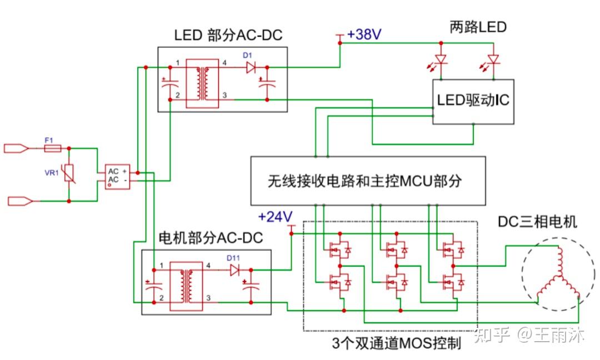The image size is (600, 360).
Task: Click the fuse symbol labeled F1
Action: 52,148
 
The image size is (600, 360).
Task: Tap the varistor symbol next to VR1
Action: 68,174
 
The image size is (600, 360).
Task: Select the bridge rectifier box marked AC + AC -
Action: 117,176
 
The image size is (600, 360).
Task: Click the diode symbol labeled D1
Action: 250,67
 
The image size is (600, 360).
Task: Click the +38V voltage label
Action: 364,34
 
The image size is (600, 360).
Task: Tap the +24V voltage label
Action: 275,216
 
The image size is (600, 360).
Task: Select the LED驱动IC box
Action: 473,101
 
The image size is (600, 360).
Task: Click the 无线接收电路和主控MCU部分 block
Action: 368,181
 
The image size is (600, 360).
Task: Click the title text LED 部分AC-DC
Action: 228,36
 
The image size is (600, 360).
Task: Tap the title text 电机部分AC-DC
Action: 211,238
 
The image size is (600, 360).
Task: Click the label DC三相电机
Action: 537,222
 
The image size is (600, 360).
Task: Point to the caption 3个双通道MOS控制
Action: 396,343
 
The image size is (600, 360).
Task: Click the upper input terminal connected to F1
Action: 16,148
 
